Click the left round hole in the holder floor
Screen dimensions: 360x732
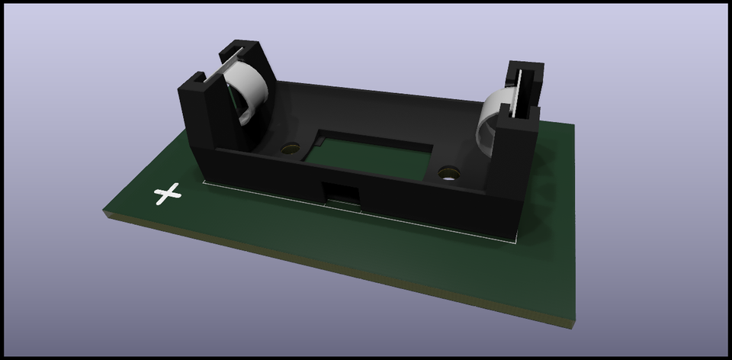[290, 149]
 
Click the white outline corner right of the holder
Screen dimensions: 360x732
[515, 241]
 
